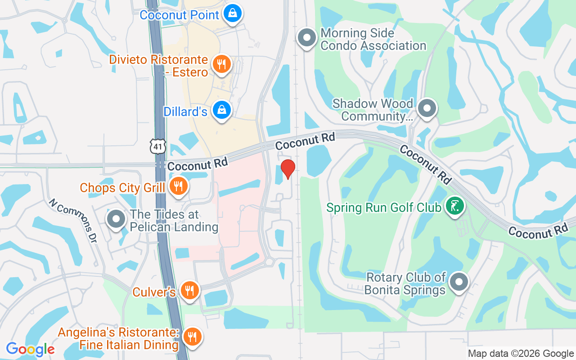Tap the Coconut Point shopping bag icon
coord(233,13)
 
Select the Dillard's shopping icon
coord(222,110)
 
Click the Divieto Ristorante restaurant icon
coord(221,64)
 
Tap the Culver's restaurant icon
coord(190,291)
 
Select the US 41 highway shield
coord(158,146)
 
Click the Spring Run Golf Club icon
coord(454,206)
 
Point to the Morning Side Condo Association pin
coord(308,38)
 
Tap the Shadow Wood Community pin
coord(427,108)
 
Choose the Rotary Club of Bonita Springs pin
coord(459,283)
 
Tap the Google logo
coord(30,349)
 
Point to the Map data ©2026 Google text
coord(521,354)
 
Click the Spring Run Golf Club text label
coord(384,208)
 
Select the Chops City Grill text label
coord(122,187)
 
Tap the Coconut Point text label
coord(179,15)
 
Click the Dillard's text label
coord(185,112)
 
